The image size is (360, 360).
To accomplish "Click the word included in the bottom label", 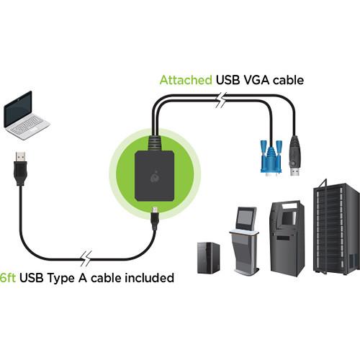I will click(148, 277).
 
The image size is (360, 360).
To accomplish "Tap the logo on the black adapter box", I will click(155, 175).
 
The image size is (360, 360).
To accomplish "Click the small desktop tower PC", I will click(209, 257).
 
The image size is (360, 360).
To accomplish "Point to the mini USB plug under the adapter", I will click(155, 215).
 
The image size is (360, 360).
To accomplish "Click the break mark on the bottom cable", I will click(86, 258).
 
